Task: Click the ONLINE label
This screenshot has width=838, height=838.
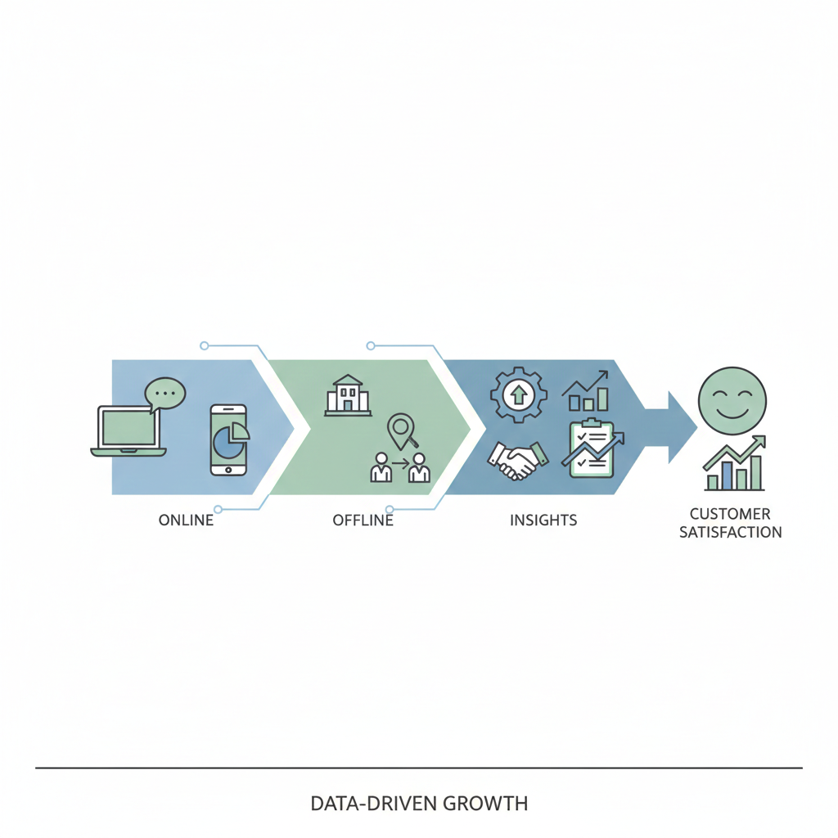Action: point(186,520)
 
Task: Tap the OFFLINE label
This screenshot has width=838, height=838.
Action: point(363,520)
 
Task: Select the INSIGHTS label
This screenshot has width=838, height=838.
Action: point(543,520)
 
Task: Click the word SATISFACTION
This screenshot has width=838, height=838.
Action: point(731,532)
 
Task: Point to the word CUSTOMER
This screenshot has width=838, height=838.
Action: point(730,514)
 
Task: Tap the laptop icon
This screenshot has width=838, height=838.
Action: point(128,431)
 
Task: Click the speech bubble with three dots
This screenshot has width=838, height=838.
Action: point(164,394)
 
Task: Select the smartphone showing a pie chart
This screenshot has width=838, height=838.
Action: point(229,439)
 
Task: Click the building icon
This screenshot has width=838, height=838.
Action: point(348,395)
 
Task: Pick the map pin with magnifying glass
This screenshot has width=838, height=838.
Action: point(402,432)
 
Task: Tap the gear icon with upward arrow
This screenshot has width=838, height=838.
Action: point(518,395)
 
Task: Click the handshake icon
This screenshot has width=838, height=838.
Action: point(517,460)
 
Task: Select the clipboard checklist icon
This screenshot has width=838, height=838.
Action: point(592,449)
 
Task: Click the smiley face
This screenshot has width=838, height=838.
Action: point(732,401)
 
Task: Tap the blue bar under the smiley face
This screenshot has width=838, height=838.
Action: point(728,475)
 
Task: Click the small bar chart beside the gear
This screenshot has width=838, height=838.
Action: point(586,391)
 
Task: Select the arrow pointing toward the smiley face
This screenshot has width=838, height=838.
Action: point(671,427)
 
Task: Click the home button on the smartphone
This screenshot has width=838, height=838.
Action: point(229,470)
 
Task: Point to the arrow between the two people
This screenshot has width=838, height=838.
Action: point(400,462)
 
